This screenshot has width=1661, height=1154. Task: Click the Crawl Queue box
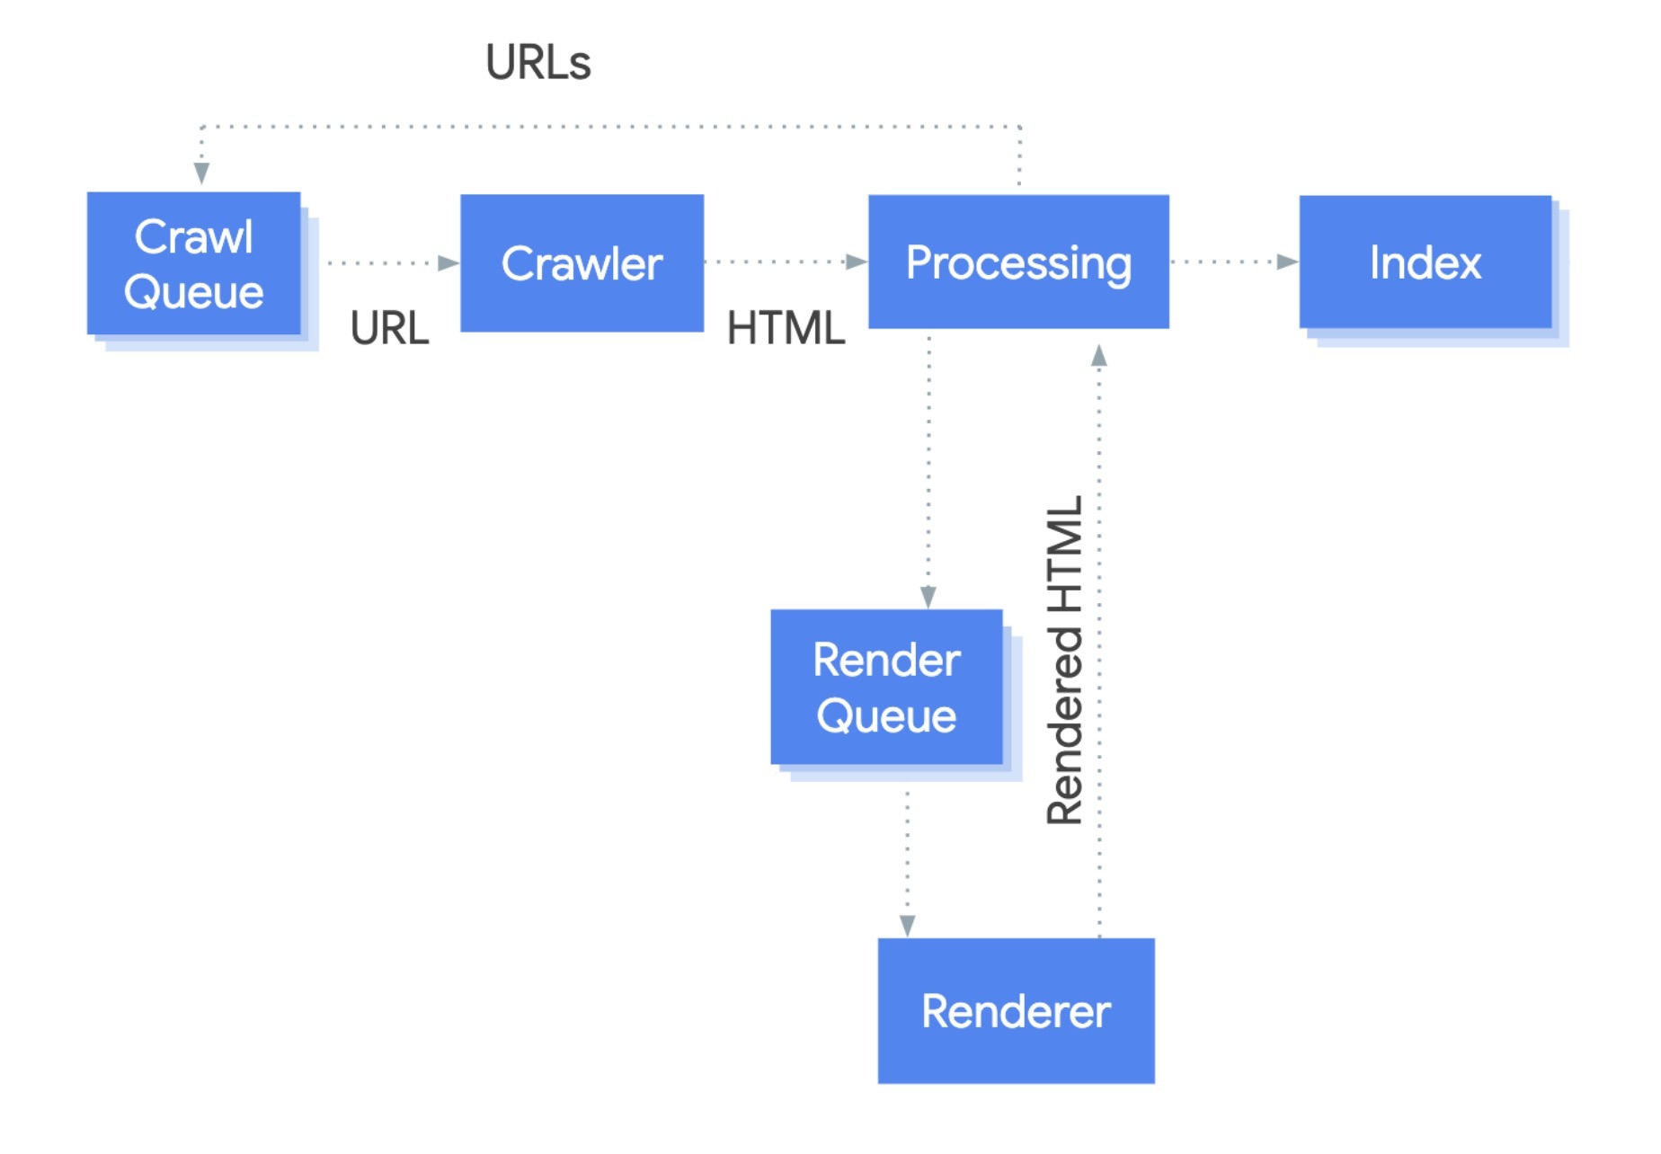point(193,263)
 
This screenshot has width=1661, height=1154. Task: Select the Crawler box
point(582,263)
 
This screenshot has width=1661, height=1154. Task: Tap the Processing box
point(1017,262)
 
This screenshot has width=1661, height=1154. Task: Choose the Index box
point(1425,262)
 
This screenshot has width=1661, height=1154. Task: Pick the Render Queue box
point(886,688)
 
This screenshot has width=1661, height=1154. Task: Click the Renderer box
point(1016,1010)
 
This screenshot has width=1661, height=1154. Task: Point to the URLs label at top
point(537,62)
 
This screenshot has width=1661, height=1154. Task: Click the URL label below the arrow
point(389,328)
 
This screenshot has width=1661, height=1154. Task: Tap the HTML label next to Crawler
point(786,328)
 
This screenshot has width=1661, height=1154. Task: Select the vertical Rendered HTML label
point(1065,661)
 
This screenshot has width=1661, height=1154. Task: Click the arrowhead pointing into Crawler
point(448,263)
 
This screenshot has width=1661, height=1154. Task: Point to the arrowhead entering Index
point(1287,262)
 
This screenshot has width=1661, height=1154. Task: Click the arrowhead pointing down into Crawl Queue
point(201,173)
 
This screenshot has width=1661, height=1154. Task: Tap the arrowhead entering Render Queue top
point(928,597)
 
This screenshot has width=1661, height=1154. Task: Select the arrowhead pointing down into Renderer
point(907,925)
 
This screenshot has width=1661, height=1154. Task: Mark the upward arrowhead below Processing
point(1098,357)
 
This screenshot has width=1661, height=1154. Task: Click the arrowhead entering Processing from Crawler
point(856,262)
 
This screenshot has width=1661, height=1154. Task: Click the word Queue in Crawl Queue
point(193,292)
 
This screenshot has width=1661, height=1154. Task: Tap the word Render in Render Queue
point(886,660)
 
